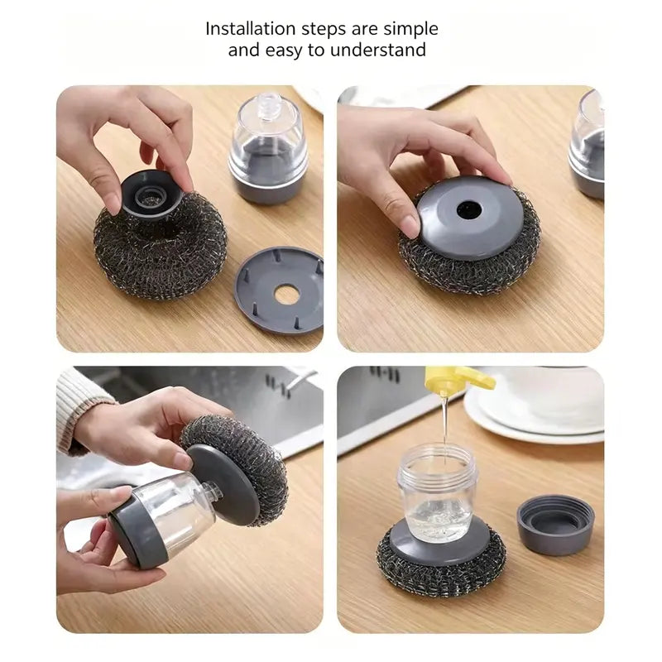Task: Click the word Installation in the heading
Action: [251, 29]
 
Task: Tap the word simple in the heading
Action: [410, 30]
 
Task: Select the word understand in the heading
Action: [378, 50]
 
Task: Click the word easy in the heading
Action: [284, 51]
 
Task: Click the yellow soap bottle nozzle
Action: [459, 379]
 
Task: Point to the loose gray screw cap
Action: [555, 525]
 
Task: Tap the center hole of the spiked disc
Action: [287, 294]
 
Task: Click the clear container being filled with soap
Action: [437, 492]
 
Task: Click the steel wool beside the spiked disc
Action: [161, 246]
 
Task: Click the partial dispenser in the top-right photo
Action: [588, 144]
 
